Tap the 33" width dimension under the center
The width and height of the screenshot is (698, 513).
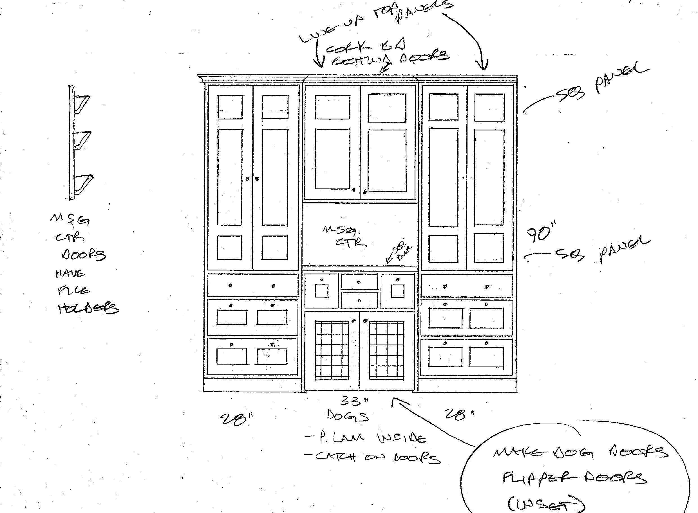(355, 401)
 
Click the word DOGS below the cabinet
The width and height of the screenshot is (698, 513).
(348, 416)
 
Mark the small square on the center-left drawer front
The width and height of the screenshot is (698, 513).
(322, 291)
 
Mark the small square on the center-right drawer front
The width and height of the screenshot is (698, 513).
(397, 291)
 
